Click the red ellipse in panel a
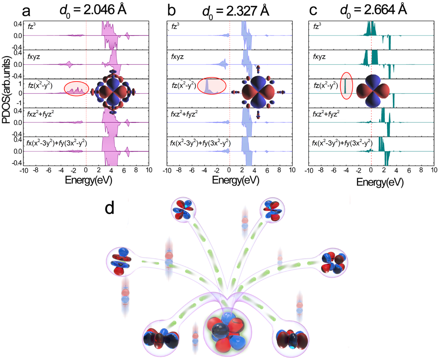pos(76,88)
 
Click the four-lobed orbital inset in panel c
pos(376,91)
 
